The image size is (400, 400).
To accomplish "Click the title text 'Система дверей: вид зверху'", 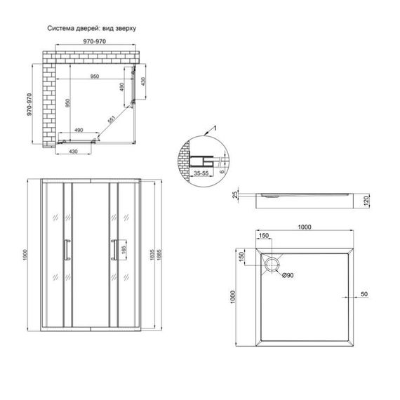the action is point(92,28).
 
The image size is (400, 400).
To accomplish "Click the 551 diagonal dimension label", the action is point(112,119).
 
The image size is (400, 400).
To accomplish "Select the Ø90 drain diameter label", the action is point(288,275).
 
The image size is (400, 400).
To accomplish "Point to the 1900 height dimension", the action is point(25,255).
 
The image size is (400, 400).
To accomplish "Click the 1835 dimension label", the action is point(152,255).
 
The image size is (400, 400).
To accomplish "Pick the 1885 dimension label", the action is point(159,255).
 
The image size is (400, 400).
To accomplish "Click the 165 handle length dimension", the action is point(124,250).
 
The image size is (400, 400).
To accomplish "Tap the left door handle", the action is point(67,250).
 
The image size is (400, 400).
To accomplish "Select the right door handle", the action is point(114,250).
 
